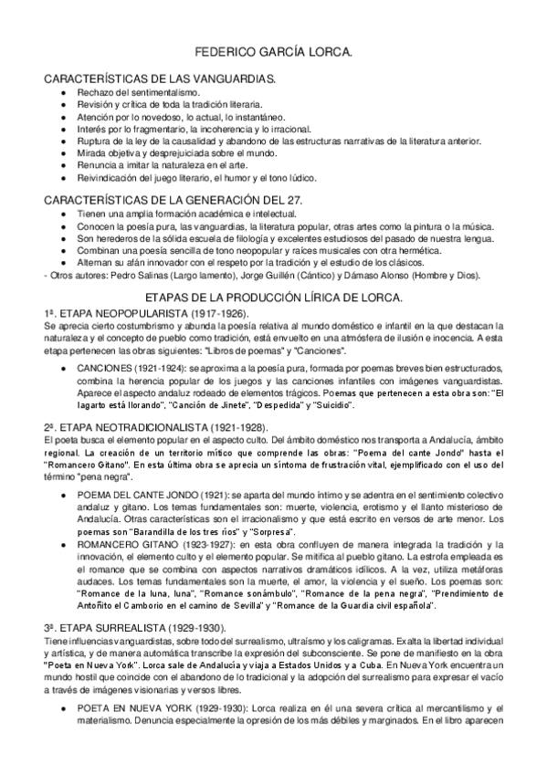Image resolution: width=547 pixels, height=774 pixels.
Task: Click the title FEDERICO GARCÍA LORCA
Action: [x=273, y=54]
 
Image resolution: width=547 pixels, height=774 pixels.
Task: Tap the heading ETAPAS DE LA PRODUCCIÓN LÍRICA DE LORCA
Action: [x=273, y=298]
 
